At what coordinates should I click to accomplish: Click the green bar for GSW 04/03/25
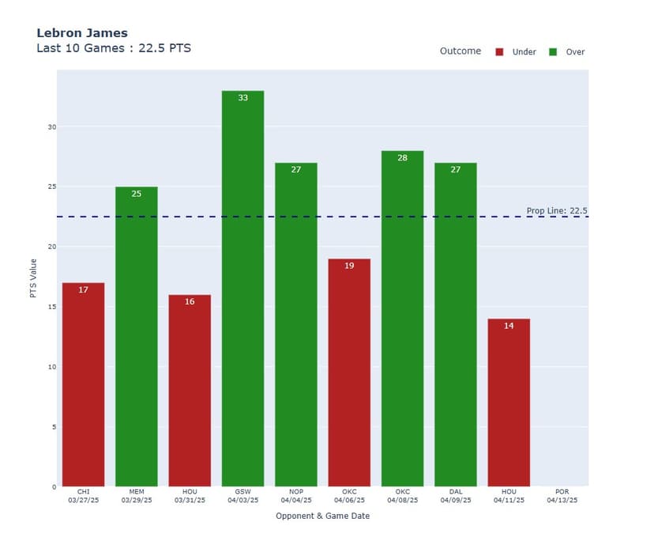(242, 289)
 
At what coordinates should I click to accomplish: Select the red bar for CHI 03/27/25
(83, 384)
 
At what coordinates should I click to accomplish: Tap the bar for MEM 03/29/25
(136, 336)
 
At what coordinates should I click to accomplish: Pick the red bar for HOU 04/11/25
(509, 402)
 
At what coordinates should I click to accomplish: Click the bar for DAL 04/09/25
(456, 324)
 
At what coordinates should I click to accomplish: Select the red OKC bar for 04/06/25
(349, 372)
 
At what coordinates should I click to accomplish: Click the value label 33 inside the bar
(242, 98)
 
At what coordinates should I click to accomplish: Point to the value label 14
(509, 326)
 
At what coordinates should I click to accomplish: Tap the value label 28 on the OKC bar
(402, 158)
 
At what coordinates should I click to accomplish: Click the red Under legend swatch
(499, 52)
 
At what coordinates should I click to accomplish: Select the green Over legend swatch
(553, 52)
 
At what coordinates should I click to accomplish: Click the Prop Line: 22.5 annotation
(557, 211)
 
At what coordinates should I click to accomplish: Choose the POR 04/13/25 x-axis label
(562, 496)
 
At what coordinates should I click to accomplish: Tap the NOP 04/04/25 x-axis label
(295, 496)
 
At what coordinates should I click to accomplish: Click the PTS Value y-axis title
(33, 278)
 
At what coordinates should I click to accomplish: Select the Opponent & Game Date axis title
(322, 516)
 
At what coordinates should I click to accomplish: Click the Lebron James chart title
(82, 33)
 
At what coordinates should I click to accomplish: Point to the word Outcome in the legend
(460, 51)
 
